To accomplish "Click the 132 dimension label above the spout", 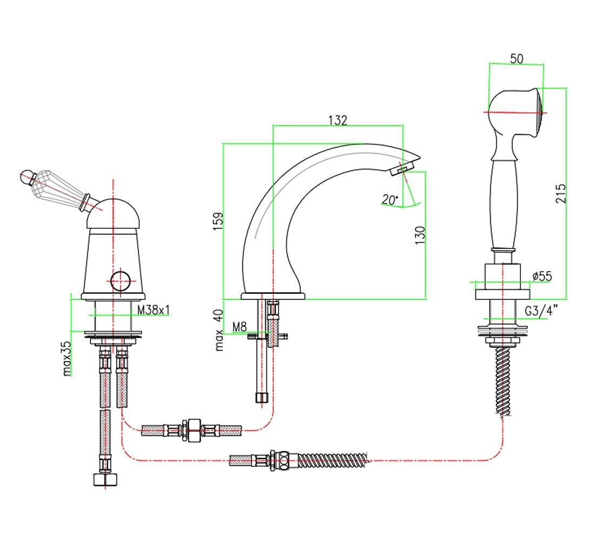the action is coord(338,120).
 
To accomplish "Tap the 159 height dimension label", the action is coord(218,221).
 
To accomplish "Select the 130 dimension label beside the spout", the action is coord(420,235).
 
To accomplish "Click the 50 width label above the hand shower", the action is coord(517,59).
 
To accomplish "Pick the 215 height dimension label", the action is coord(561,194).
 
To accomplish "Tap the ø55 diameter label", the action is coord(542,276).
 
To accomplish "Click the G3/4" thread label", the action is coord(541,311).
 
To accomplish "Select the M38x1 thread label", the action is coord(153,310).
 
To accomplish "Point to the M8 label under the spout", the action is coord(240,327).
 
